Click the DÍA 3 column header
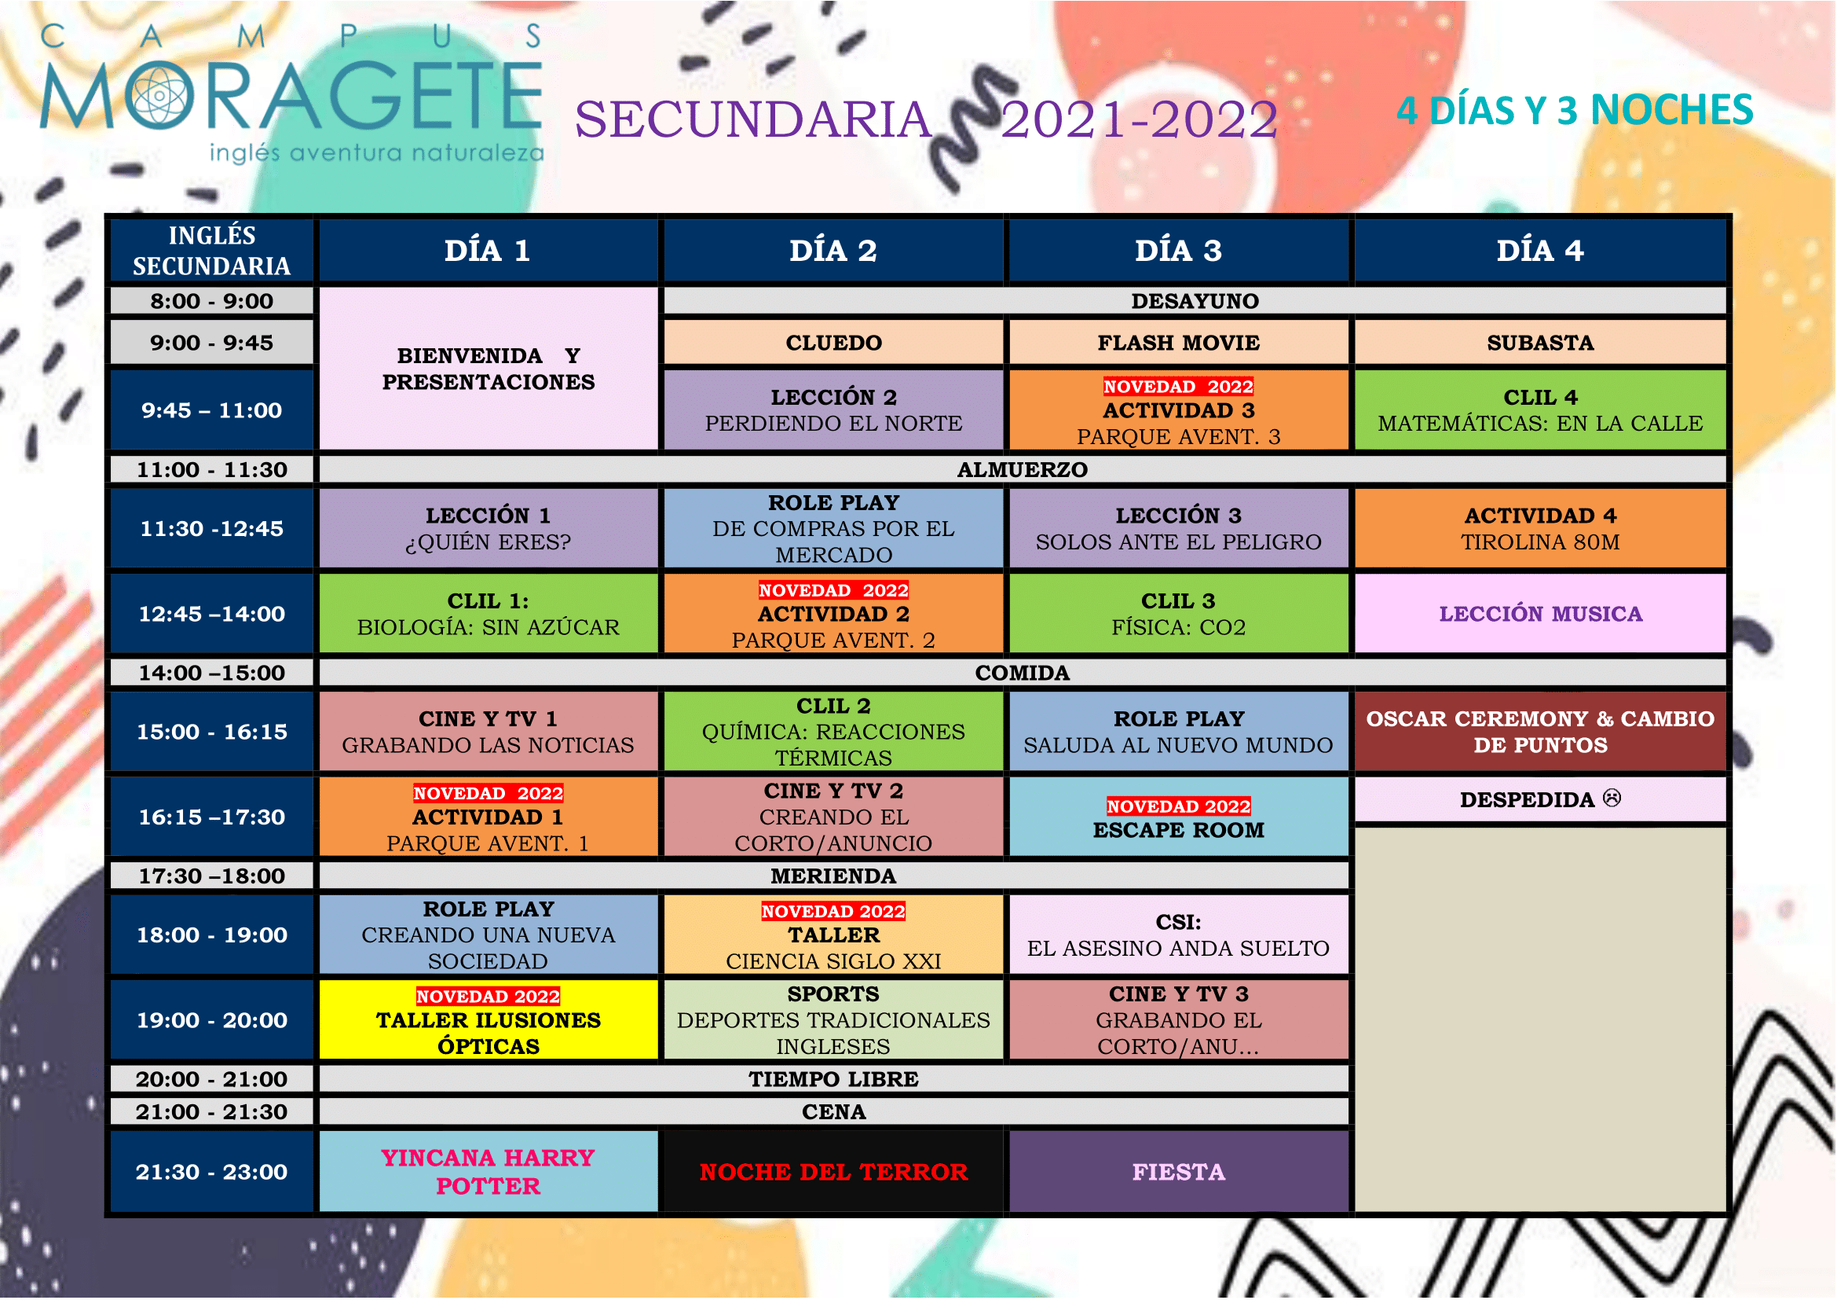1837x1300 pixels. point(1179,251)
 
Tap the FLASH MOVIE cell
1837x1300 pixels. point(1179,343)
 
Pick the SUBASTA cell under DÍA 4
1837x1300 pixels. point(1540,343)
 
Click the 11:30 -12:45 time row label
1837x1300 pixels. point(212,528)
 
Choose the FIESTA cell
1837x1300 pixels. point(1179,1172)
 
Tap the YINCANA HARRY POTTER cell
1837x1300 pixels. point(488,1172)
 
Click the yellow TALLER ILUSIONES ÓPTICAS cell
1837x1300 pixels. point(488,1020)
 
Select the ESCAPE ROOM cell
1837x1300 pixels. point(1179,817)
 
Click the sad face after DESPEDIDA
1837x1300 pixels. point(1612,798)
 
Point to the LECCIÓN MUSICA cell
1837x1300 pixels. point(1540,613)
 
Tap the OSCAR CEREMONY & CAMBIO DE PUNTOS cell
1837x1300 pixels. point(1540,732)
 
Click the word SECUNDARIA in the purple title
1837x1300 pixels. point(754,120)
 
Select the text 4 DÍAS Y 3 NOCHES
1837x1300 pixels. point(1575,111)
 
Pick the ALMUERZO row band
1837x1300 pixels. point(1023,469)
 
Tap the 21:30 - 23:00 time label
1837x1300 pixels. point(212,1172)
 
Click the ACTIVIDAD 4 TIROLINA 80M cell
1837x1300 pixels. point(1540,528)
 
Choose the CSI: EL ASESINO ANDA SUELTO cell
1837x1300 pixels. point(1179,935)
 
